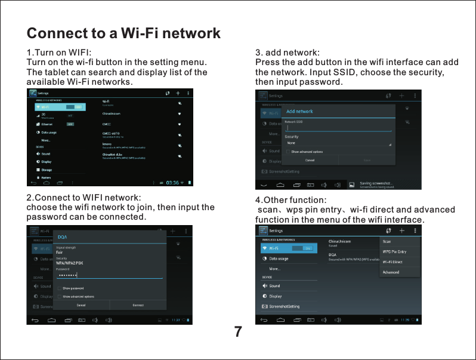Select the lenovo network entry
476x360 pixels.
click(109, 144)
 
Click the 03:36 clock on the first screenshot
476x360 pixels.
click(172, 183)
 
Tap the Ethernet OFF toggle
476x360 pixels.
click(70, 124)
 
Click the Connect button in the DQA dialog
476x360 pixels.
click(138, 305)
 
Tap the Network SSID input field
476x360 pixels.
click(338, 128)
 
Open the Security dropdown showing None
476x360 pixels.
click(338, 143)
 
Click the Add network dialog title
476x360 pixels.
click(300, 112)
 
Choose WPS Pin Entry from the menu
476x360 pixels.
click(394, 252)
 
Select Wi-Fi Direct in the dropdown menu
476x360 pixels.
click(392, 262)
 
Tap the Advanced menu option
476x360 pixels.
click(391, 272)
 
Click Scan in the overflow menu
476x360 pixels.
click(387, 242)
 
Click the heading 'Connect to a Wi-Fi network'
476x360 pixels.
click(124, 33)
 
